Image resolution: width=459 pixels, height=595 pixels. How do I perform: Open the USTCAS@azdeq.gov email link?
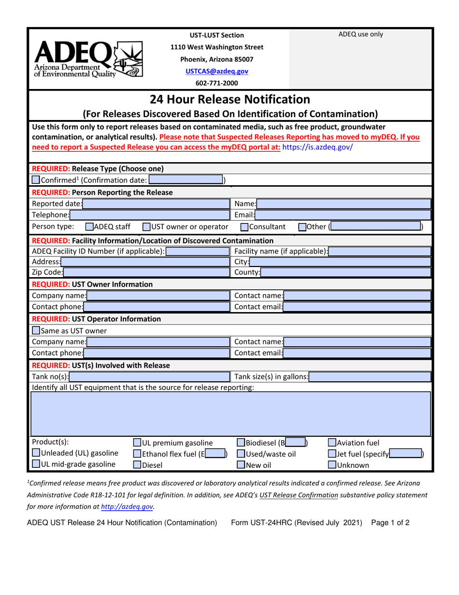click(221, 71)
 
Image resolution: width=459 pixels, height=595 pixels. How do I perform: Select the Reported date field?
click(155, 203)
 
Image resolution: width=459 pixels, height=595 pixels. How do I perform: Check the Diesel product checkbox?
click(137, 466)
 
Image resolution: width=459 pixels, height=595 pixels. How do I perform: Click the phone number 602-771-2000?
click(221, 83)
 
